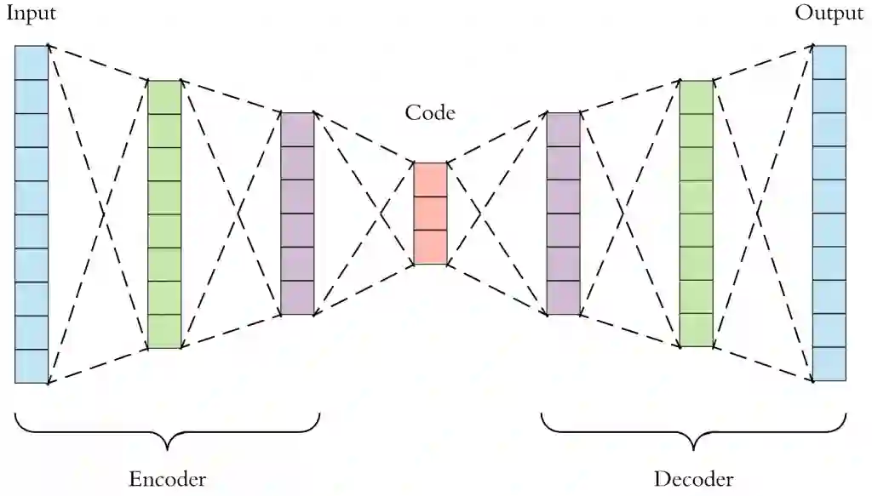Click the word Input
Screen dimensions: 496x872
[x=32, y=14]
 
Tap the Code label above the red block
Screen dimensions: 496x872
[x=430, y=112]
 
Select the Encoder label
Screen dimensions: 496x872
[x=167, y=478]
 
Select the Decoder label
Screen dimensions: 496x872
[x=693, y=478]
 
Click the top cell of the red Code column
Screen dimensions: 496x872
[x=430, y=180]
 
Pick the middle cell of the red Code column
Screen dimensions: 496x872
[x=430, y=214]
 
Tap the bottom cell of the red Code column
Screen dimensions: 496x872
[x=430, y=247]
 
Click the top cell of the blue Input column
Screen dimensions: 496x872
[x=32, y=62]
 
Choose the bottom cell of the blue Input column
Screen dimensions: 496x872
[x=32, y=366]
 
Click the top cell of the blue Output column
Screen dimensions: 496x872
[x=829, y=62]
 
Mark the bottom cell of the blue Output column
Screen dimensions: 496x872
[x=829, y=364]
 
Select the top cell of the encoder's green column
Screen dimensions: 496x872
[x=164, y=97]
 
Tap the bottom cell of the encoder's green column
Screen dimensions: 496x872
[x=164, y=332]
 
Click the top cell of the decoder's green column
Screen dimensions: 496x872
[x=696, y=97]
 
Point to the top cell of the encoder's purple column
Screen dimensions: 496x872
[x=297, y=129]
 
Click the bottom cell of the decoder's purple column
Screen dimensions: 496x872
[x=563, y=298]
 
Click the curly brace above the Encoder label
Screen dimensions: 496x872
[x=167, y=430]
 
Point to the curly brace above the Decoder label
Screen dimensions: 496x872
[x=693, y=430]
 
